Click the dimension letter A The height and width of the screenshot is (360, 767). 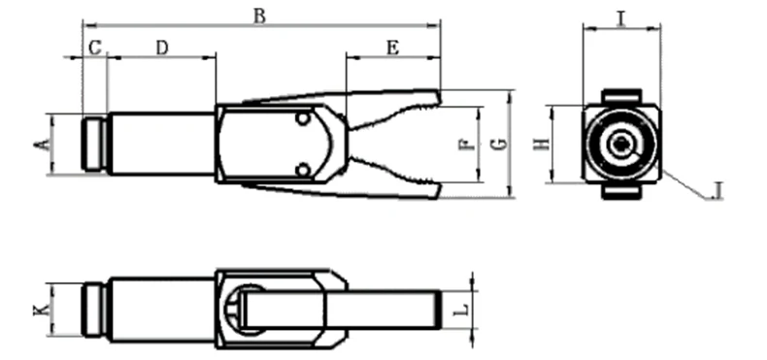tap(42, 145)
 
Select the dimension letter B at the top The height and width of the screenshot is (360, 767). tap(260, 16)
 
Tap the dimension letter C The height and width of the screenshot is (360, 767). tap(95, 48)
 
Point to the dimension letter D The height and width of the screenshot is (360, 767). tap(162, 48)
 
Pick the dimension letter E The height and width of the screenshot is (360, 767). tap(393, 48)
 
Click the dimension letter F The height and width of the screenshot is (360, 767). tap(466, 145)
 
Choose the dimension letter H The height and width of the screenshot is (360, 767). tap(542, 145)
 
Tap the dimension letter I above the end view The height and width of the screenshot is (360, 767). tap(621, 18)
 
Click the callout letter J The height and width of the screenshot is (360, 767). tap(717, 190)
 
